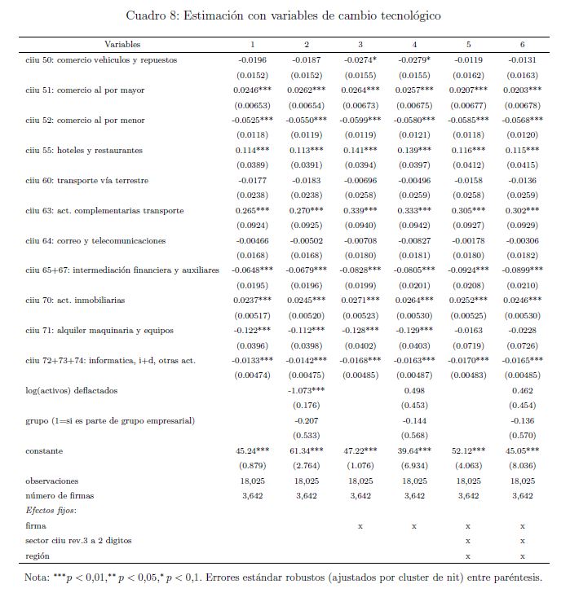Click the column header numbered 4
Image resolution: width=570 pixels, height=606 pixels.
[x=414, y=43]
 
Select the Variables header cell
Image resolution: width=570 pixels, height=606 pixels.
[x=122, y=43]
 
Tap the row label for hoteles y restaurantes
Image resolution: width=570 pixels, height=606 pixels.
[x=85, y=151]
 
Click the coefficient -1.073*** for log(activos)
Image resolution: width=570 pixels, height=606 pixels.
[x=306, y=391]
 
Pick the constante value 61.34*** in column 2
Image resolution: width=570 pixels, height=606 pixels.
[x=306, y=451]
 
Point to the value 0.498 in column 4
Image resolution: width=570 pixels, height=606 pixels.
[x=414, y=391]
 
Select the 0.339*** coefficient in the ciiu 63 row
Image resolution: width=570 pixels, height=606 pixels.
[x=360, y=211]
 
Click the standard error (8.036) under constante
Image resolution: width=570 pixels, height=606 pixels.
[x=523, y=467]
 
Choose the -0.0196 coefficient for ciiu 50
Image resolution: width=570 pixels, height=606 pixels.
[x=252, y=60]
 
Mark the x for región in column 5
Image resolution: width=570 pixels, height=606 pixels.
[x=468, y=556]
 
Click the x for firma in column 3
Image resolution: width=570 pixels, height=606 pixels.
[x=360, y=526]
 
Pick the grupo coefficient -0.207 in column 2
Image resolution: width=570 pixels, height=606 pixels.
[x=306, y=421]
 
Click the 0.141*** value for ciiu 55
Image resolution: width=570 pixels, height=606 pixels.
[x=360, y=151]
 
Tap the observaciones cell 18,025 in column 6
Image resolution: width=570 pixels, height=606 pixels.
[x=523, y=481]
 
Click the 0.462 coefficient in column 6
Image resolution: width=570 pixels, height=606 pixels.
[x=523, y=391]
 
